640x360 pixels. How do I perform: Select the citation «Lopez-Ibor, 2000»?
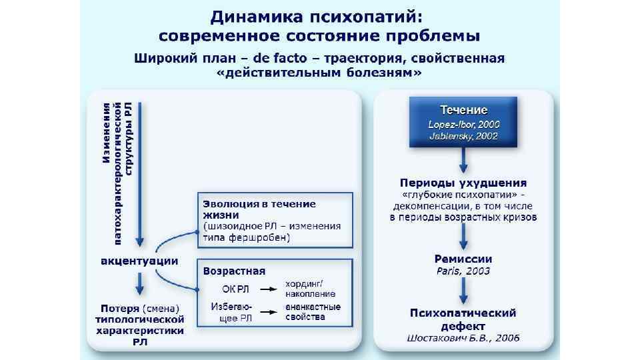tap(463, 124)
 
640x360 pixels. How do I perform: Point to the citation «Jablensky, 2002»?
tap(463, 136)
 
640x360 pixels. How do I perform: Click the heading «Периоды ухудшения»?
tap(463, 183)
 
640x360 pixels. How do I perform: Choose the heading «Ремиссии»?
tap(463, 259)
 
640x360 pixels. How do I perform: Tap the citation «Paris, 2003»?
tap(463, 271)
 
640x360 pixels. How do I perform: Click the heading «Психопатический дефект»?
tap(463, 319)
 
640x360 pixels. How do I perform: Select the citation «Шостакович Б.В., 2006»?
tap(463, 339)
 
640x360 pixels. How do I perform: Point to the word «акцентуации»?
tap(139, 260)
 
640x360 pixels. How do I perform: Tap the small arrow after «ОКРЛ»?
tap(268, 289)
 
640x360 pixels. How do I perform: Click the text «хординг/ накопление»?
tap(310, 289)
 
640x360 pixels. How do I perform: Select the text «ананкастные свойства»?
tap(313, 311)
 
